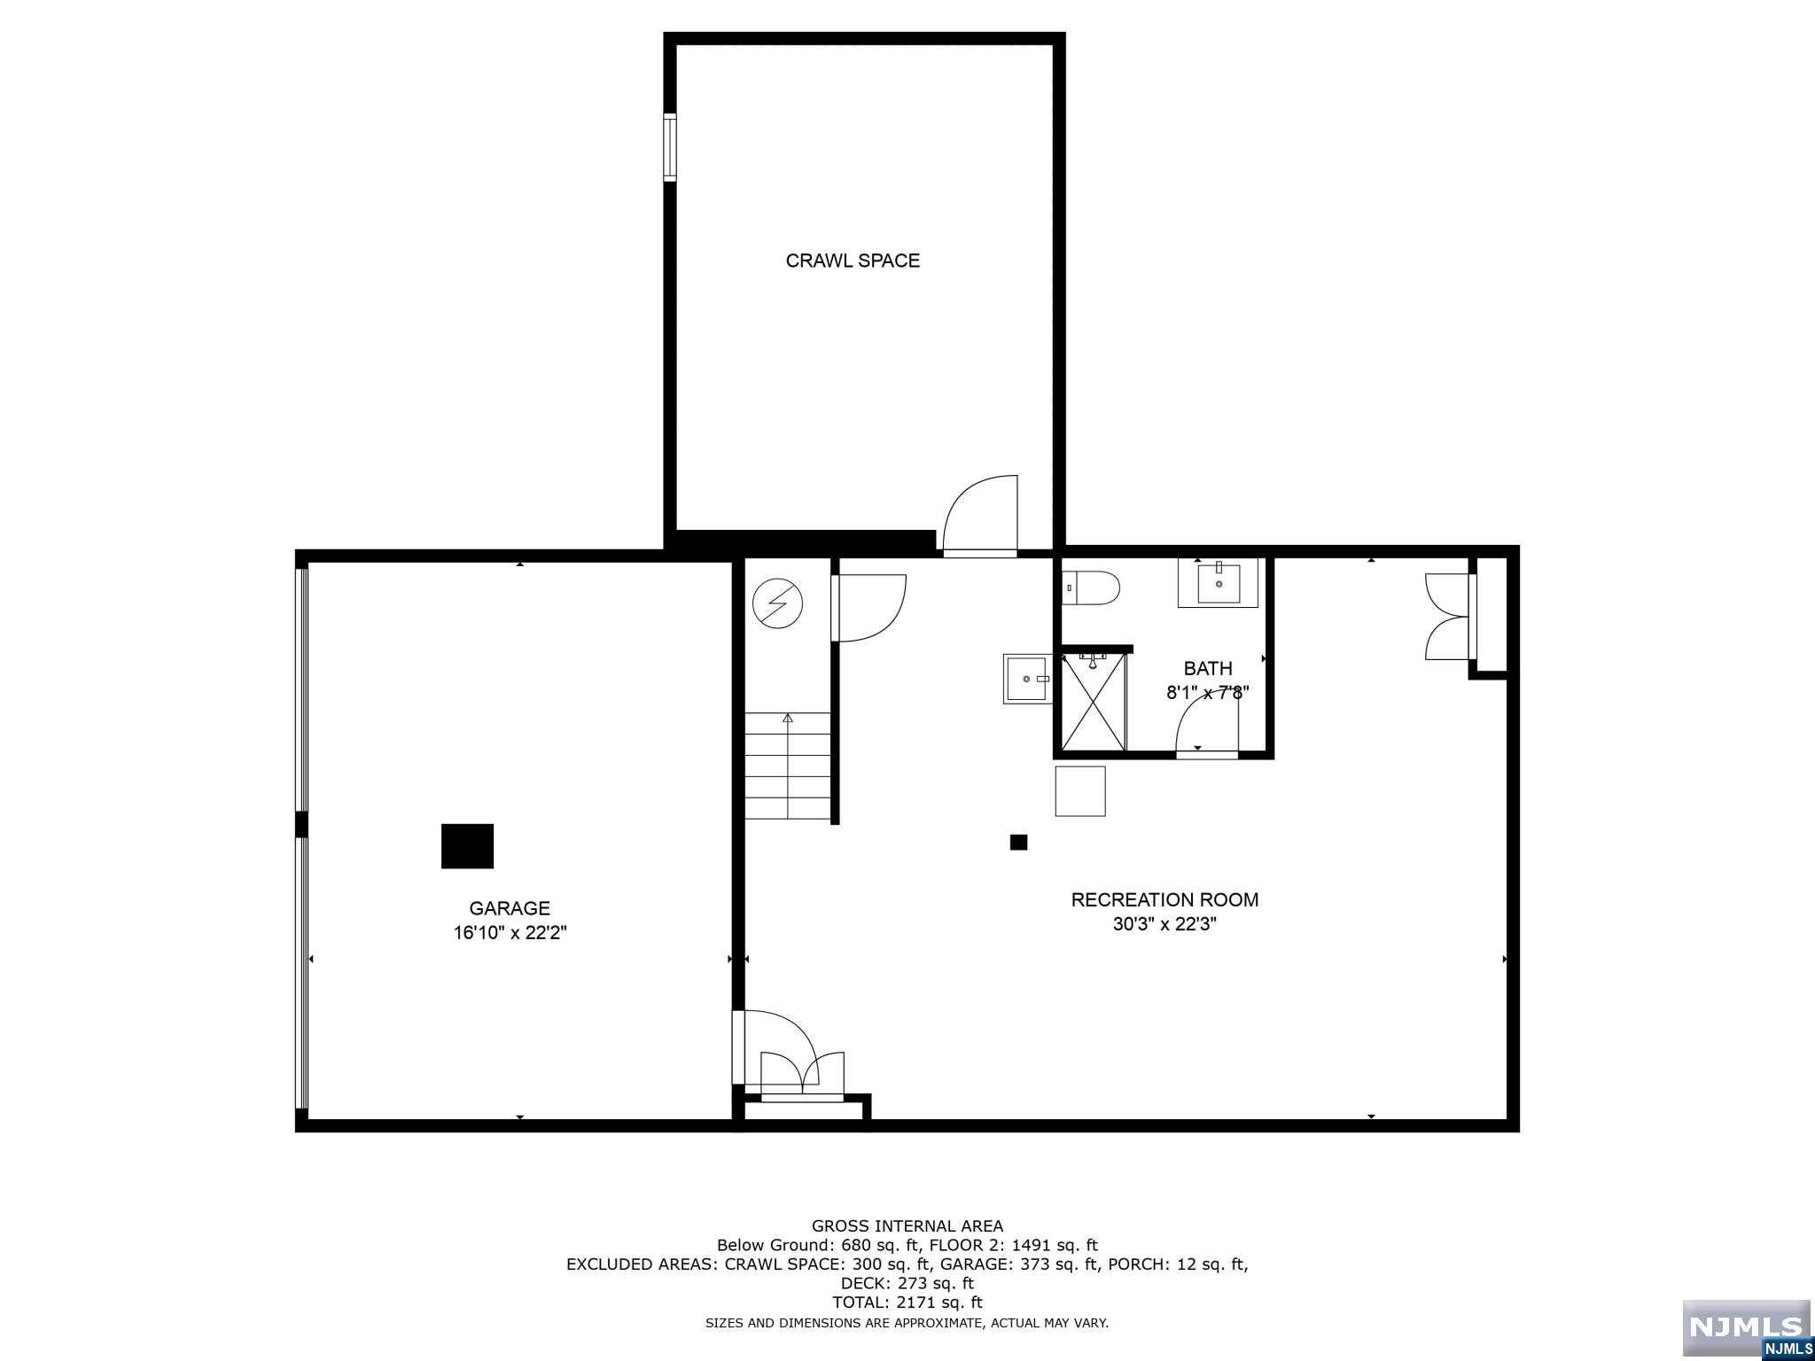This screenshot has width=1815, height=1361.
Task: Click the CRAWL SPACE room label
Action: pos(853,261)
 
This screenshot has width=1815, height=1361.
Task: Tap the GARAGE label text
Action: pos(510,908)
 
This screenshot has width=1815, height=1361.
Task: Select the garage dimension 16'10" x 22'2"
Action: pos(510,933)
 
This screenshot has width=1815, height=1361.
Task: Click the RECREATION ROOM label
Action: pos(1165,899)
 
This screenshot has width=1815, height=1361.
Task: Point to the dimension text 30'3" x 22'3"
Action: pos(1165,924)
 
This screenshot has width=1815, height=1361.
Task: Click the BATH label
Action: pos(1208,668)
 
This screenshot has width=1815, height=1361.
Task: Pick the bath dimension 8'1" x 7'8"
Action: pos(1208,692)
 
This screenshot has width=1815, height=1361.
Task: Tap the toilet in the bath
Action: pos(1093,587)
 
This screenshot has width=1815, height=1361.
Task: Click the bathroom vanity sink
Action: pos(1218,583)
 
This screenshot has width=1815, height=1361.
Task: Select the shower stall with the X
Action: pos(1094,702)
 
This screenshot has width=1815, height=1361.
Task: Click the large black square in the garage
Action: pos(467,846)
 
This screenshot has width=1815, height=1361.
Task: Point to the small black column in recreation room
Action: pos(1018,843)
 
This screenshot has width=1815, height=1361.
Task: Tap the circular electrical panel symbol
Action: pos(777,604)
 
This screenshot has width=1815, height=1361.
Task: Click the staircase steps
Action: pos(787,766)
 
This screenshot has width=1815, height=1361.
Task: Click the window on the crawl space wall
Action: pos(670,148)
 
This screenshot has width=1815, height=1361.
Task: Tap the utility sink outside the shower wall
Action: pos(1027,679)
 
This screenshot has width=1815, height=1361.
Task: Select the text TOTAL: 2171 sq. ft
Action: pos(907,1303)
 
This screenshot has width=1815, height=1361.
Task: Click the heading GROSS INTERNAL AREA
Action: pos(907,1226)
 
